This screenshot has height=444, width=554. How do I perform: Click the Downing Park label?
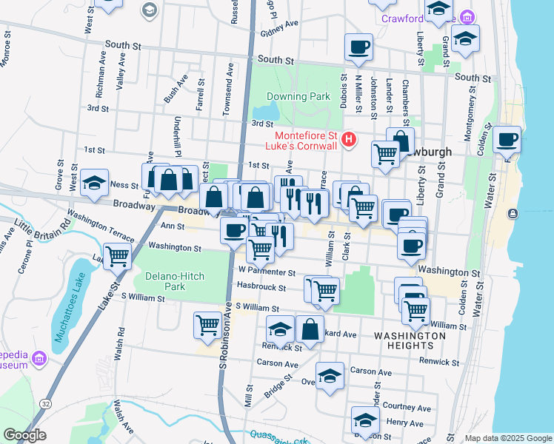298,96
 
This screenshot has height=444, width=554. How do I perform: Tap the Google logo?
24,435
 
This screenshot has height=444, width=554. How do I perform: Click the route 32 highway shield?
46,403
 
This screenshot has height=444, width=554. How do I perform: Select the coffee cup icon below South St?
358,48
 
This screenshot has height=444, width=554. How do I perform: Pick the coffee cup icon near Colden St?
507,140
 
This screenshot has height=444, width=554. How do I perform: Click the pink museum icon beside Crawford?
467,17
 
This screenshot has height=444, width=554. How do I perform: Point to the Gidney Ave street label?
278,24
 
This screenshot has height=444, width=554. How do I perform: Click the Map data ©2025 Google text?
507,438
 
